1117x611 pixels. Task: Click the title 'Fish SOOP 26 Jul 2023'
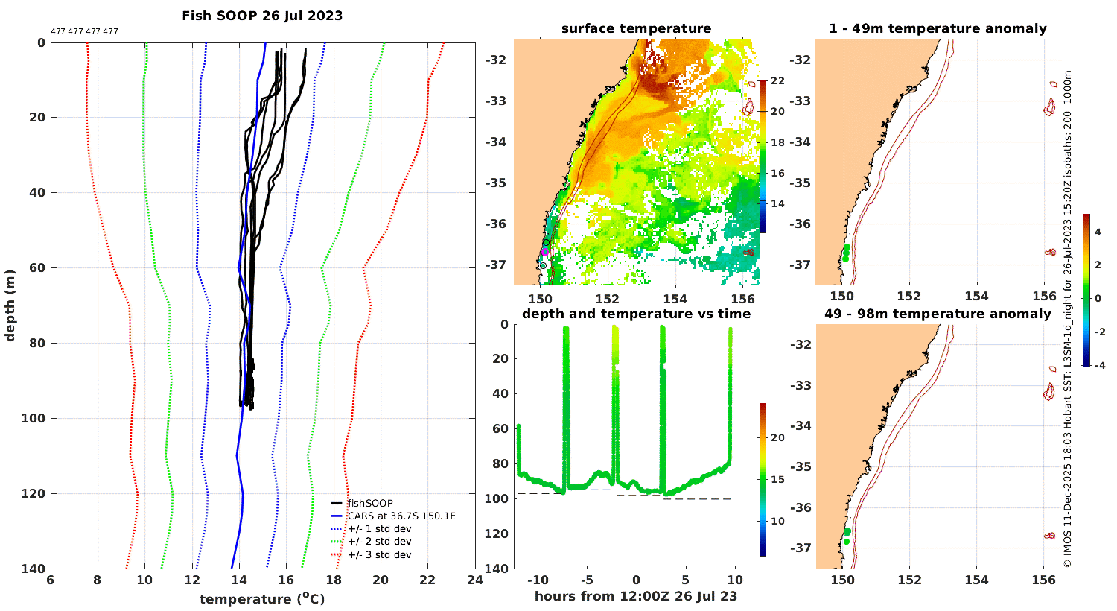tap(262, 16)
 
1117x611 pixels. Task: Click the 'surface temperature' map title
tap(636, 29)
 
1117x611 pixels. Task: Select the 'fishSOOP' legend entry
tap(370, 504)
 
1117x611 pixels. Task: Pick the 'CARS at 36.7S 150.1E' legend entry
tap(401, 516)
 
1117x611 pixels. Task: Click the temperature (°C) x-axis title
tap(262, 599)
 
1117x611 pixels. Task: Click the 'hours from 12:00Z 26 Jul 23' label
tap(636, 596)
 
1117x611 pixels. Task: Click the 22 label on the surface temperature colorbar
tap(777, 81)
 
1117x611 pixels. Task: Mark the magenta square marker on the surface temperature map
tap(545, 252)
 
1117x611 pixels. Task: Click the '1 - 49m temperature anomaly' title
tap(938, 29)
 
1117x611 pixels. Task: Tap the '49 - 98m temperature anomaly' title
tap(938, 314)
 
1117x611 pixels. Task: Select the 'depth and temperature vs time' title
tap(636, 314)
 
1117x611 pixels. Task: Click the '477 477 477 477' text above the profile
tap(84, 32)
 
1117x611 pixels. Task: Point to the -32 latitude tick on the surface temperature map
tap(498, 60)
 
